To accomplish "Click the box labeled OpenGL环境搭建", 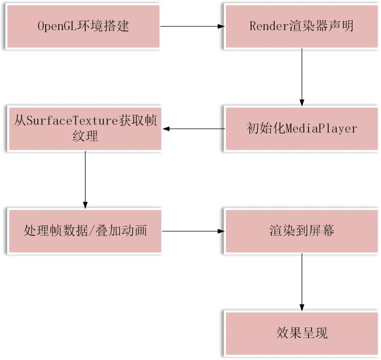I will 83,26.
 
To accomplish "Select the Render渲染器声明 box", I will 302,26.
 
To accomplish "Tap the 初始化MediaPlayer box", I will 302,129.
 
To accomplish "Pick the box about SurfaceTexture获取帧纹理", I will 85,129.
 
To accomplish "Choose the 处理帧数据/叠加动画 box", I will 85,231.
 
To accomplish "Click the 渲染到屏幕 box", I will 302,231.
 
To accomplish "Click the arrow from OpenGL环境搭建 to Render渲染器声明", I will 192,26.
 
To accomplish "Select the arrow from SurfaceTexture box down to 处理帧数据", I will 85,180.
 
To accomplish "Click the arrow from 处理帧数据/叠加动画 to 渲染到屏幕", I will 193,231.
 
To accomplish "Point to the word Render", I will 268,26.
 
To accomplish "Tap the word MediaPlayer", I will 321,129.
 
